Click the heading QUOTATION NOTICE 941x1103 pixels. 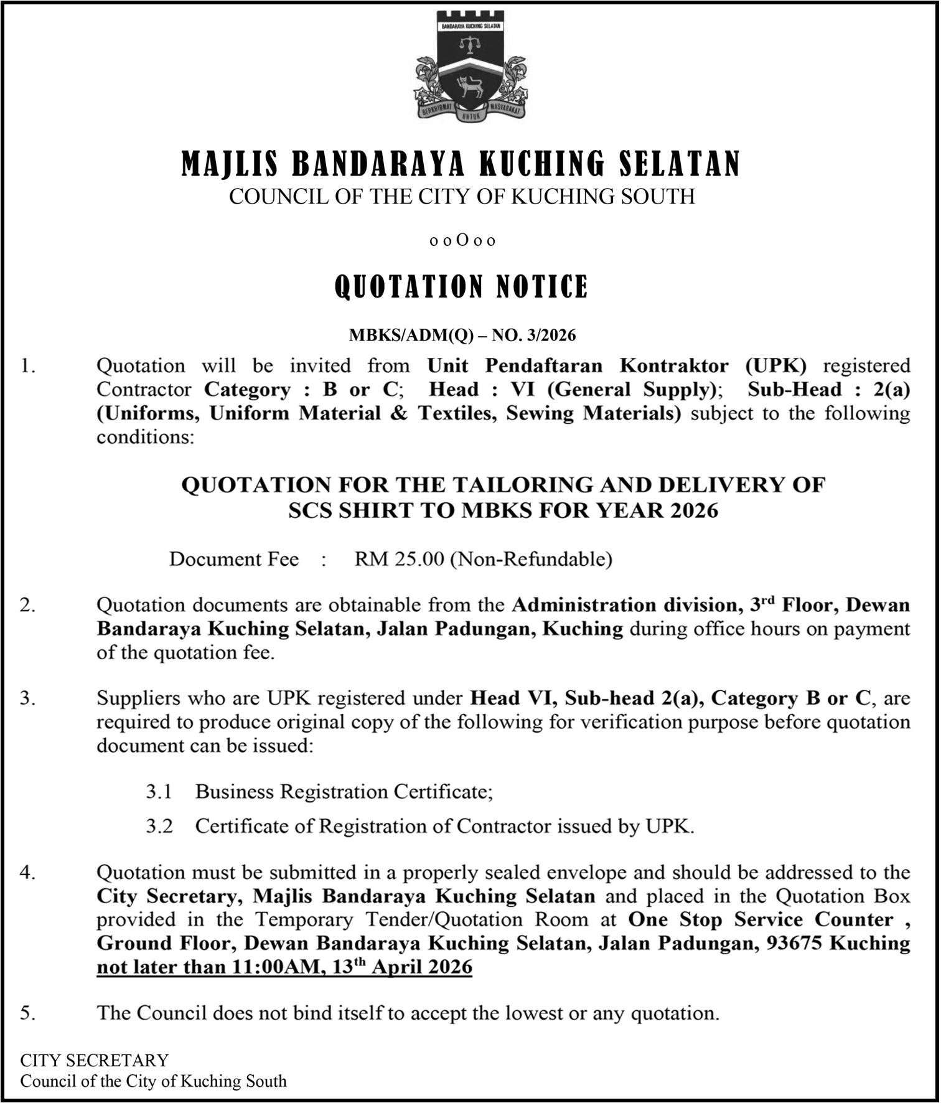click(x=461, y=287)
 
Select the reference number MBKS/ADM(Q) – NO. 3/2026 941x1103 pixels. click(x=462, y=336)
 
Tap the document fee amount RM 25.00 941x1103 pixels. click(x=399, y=559)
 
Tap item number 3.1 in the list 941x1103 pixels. click(x=159, y=792)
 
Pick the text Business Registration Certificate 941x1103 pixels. click(x=344, y=792)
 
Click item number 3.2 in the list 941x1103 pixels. click(x=159, y=827)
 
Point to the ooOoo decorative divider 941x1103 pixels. click(x=462, y=241)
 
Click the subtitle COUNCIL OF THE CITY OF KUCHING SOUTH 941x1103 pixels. click(x=462, y=197)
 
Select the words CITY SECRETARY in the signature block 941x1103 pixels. click(x=94, y=1060)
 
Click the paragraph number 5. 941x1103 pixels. click(x=28, y=1013)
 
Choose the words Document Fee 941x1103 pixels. click(x=234, y=559)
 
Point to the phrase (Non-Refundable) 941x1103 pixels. click(x=531, y=559)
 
